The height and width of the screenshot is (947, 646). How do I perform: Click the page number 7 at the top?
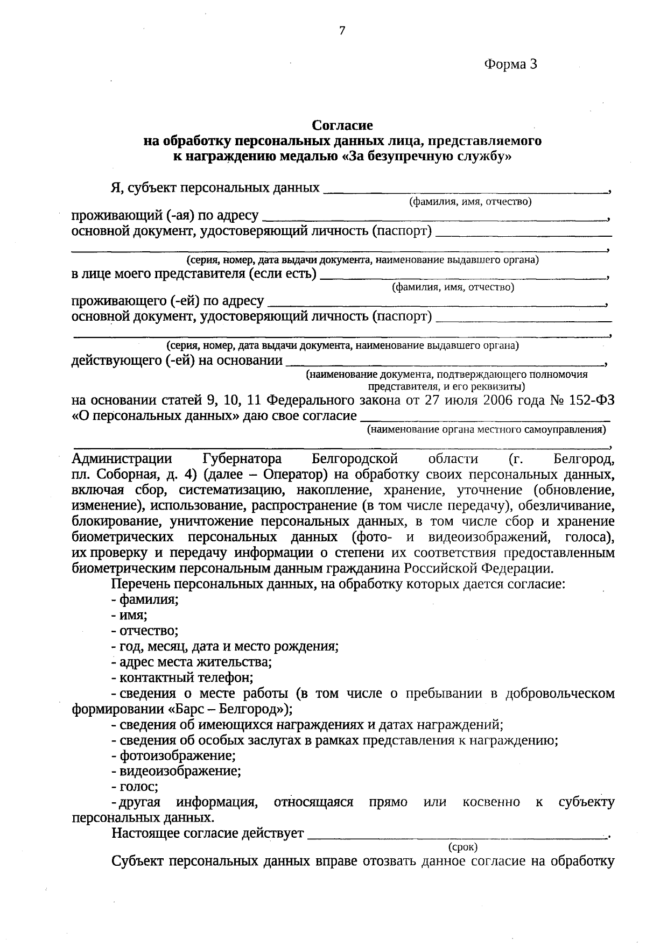(341, 31)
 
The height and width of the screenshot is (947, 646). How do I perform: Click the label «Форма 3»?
(510, 65)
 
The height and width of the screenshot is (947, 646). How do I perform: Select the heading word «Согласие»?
(342, 125)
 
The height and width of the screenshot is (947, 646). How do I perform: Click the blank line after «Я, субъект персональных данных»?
(466, 189)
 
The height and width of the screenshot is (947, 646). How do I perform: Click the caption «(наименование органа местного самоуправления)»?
(486, 429)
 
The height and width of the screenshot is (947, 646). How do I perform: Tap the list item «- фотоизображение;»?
(173, 755)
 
